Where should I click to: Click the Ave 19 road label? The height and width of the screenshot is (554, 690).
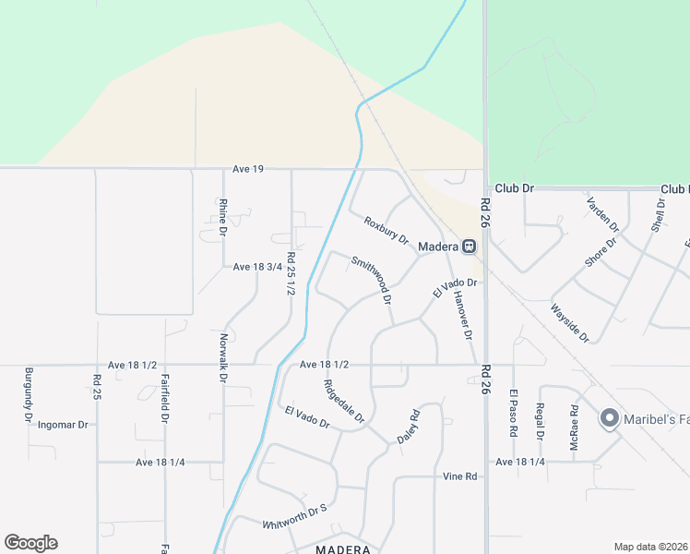pyautogui.click(x=248, y=169)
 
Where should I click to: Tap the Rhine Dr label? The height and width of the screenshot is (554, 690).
pyautogui.click(x=222, y=218)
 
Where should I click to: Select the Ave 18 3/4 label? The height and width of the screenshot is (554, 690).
pyautogui.click(x=256, y=267)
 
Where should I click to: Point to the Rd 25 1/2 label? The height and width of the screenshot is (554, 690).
pyautogui.click(x=291, y=274)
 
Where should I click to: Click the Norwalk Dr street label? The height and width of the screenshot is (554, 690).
pyautogui.click(x=223, y=359)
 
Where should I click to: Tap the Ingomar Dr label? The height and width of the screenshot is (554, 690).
pyautogui.click(x=63, y=426)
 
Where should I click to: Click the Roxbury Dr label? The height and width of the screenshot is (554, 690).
pyautogui.click(x=386, y=230)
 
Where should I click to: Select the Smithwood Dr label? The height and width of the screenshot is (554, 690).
pyautogui.click(x=372, y=281)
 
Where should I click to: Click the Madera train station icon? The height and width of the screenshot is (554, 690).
pyautogui.click(x=469, y=247)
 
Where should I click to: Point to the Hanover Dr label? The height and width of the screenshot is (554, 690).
pyautogui.click(x=461, y=315)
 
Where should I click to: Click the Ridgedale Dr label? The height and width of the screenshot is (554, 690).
pyautogui.click(x=345, y=403)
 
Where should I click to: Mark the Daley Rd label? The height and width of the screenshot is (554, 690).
pyautogui.click(x=409, y=427)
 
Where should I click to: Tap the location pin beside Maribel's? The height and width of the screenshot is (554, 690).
pyautogui.click(x=609, y=418)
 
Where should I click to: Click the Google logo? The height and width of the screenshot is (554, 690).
pyautogui.click(x=30, y=543)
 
